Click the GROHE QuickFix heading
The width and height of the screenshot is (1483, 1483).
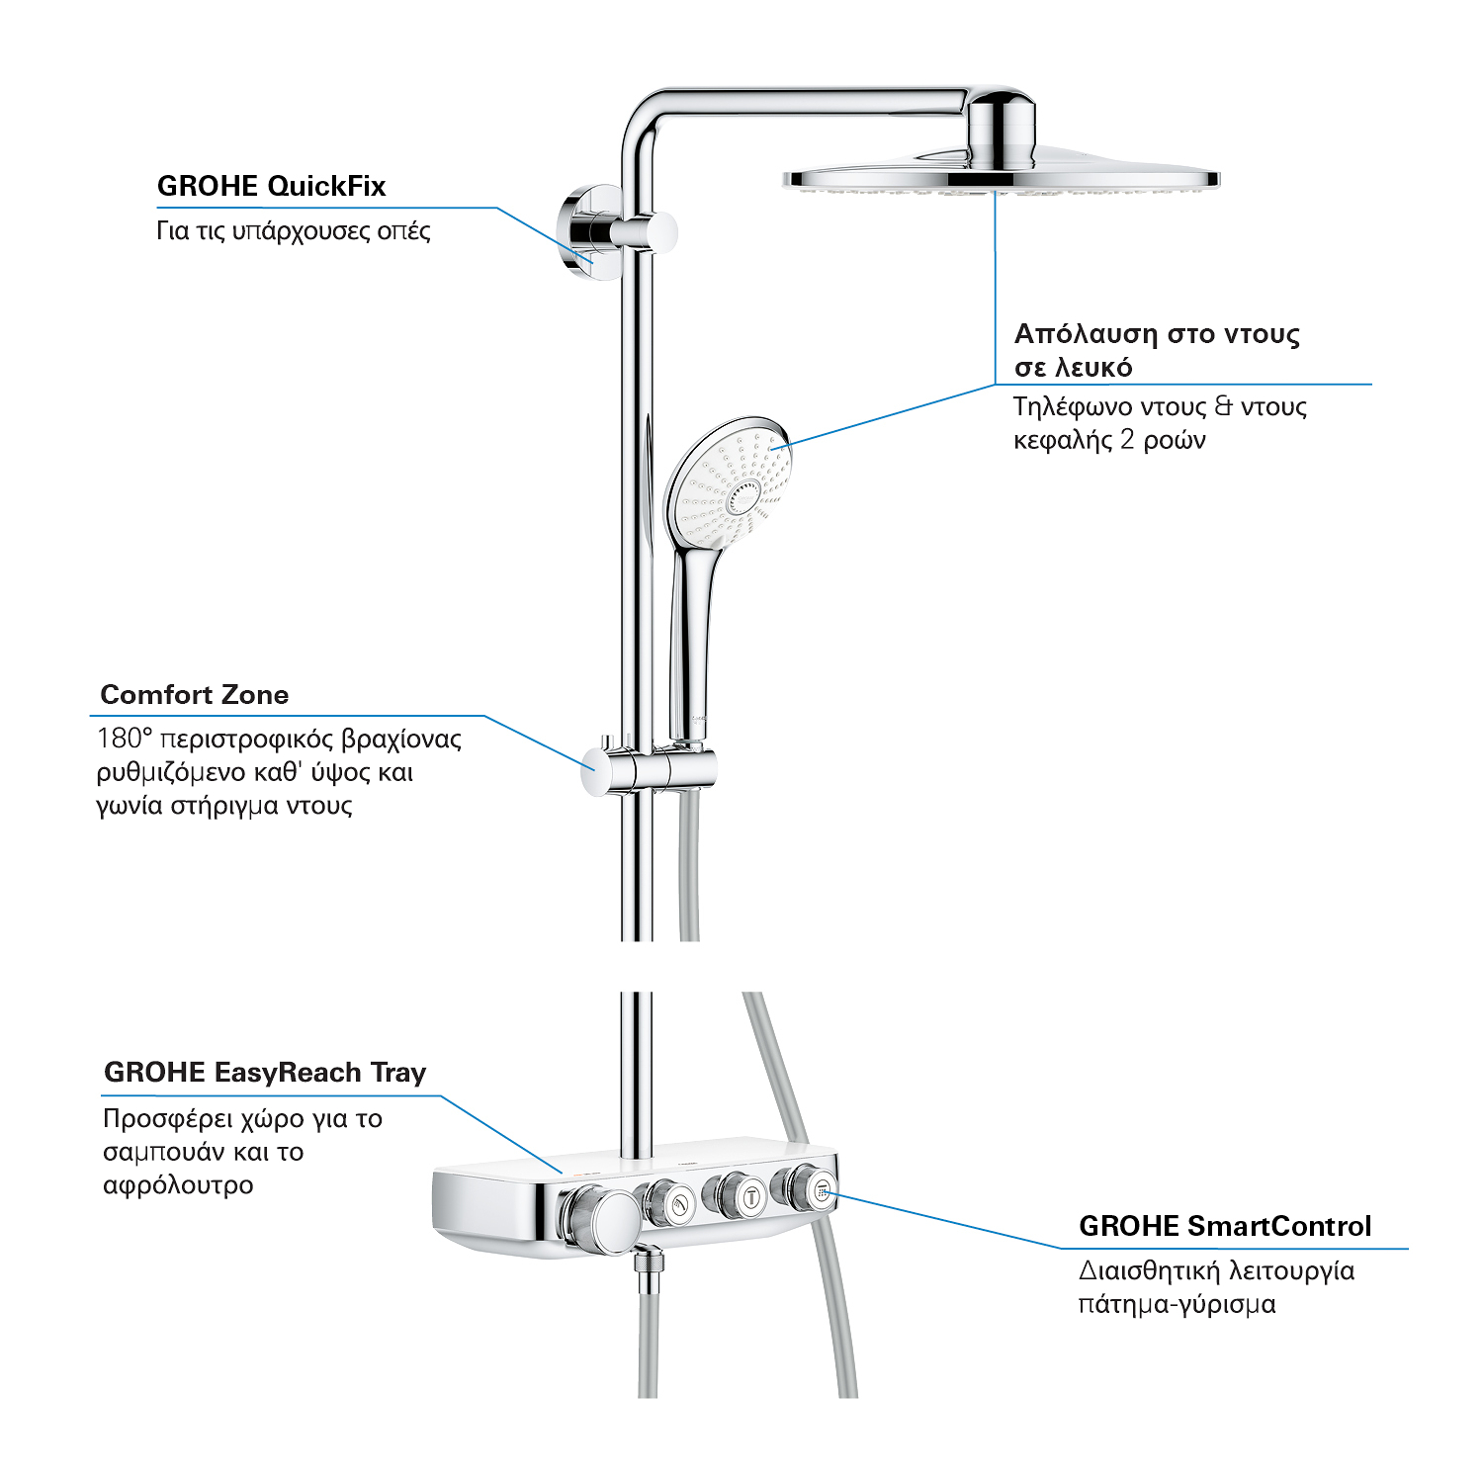pyautogui.click(x=271, y=186)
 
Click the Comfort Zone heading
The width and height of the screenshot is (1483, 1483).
pyautogui.click(x=195, y=695)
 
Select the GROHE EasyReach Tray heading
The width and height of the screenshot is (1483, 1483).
pyautogui.click(x=265, y=1073)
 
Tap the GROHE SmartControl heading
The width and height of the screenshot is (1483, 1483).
pyautogui.click(x=1225, y=1226)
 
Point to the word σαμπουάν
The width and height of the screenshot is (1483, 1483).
pyautogui.click(x=166, y=1153)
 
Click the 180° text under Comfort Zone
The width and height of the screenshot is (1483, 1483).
pyautogui.click(x=122, y=739)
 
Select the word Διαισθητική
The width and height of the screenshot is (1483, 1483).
pyautogui.click(x=1147, y=1270)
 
